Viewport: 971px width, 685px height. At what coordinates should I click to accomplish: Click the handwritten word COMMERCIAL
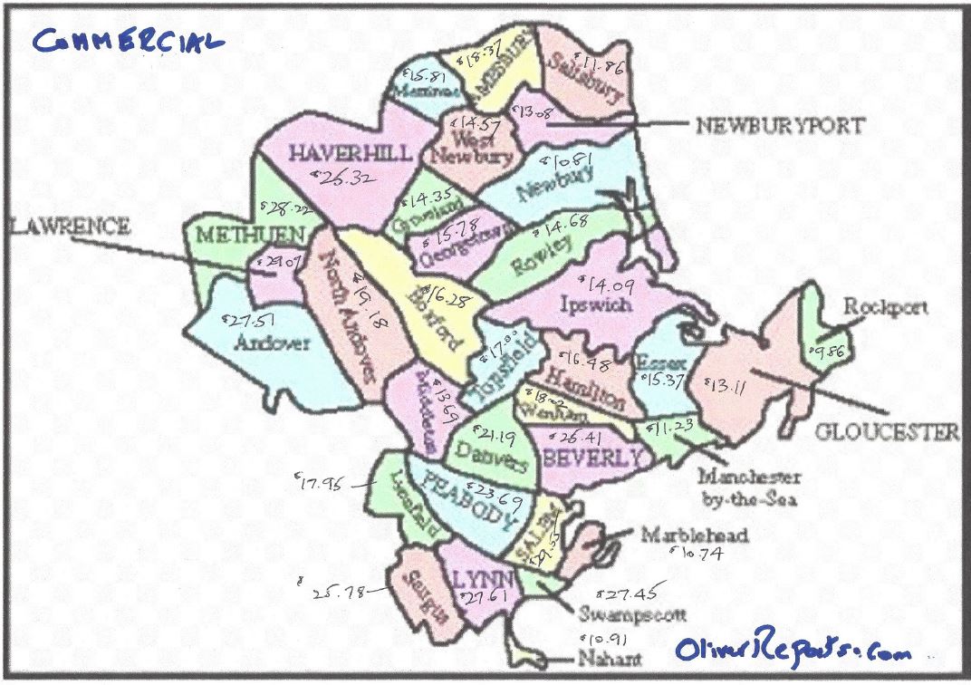point(128,40)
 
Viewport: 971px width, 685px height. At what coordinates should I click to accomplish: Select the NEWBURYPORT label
point(779,126)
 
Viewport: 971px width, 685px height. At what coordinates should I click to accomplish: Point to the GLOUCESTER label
point(887,432)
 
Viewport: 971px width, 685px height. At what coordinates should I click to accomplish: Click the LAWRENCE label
point(71,227)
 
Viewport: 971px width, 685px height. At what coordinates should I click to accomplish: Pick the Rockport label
point(886,307)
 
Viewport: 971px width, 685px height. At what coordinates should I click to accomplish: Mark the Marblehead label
point(695,535)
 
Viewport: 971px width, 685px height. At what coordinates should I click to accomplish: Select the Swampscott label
point(631,615)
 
